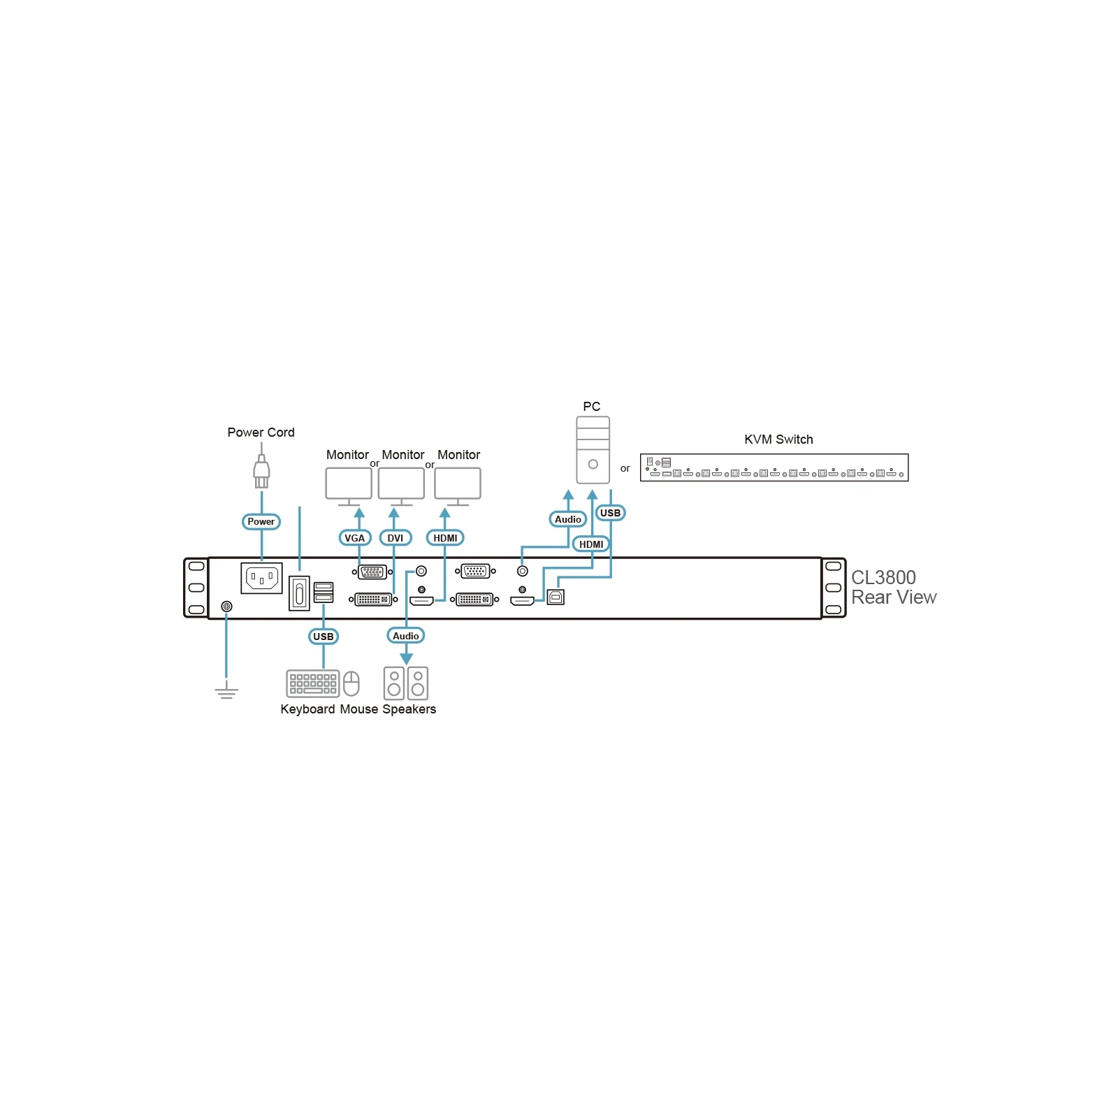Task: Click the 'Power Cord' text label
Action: pos(261,433)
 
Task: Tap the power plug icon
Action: pos(261,472)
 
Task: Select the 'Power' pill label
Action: pos(261,521)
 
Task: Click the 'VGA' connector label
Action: pos(354,538)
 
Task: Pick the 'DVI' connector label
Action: pos(395,538)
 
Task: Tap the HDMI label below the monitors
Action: pos(445,538)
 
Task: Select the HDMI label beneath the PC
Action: pos(591,544)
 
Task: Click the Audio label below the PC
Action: pos(568,519)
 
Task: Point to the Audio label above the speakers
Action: pos(406,636)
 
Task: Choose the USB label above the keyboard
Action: pos(324,637)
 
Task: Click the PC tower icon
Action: pos(593,450)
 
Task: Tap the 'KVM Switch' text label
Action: pos(778,440)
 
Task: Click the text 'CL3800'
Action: pos(883,577)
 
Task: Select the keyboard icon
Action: pos(313,683)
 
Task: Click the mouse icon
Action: pos(351,683)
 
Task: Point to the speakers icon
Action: pos(406,683)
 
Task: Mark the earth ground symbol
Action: pos(226,692)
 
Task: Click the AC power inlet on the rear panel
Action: pos(262,578)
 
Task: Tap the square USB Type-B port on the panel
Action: pos(556,597)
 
